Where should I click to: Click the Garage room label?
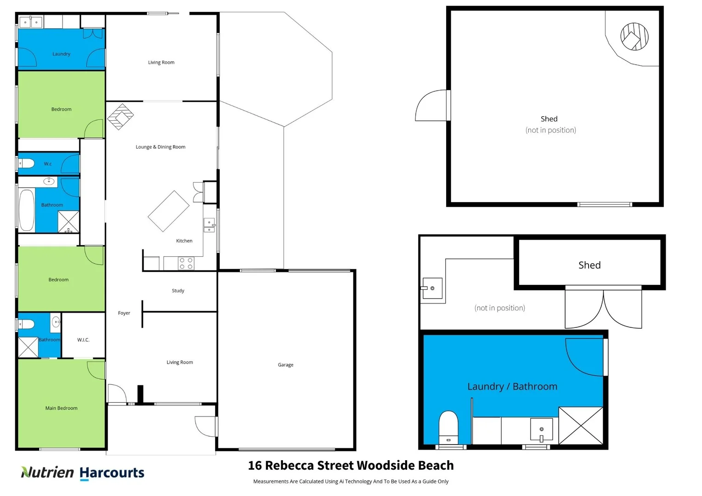(x=285, y=365)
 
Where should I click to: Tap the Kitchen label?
(x=184, y=241)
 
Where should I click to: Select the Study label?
(x=178, y=291)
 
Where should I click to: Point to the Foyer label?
(x=124, y=313)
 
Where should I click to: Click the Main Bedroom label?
(x=61, y=408)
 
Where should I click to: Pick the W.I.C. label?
(x=83, y=340)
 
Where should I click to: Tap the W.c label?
(x=48, y=164)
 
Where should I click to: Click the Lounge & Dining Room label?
(x=160, y=147)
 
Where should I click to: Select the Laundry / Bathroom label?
(x=512, y=386)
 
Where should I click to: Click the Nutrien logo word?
(x=48, y=472)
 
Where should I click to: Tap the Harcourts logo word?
(x=112, y=473)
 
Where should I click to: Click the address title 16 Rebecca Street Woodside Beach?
(x=351, y=465)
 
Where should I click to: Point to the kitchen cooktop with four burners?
(x=186, y=263)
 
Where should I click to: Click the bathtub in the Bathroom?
(x=27, y=210)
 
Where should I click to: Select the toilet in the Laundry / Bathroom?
(x=448, y=425)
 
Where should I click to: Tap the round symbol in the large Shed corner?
(x=634, y=37)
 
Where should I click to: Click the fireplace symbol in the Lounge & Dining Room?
(x=120, y=117)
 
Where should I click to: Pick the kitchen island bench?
(x=169, y=211)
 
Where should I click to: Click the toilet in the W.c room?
(x=27, y=163)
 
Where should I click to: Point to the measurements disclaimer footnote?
(x=351, y=481)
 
